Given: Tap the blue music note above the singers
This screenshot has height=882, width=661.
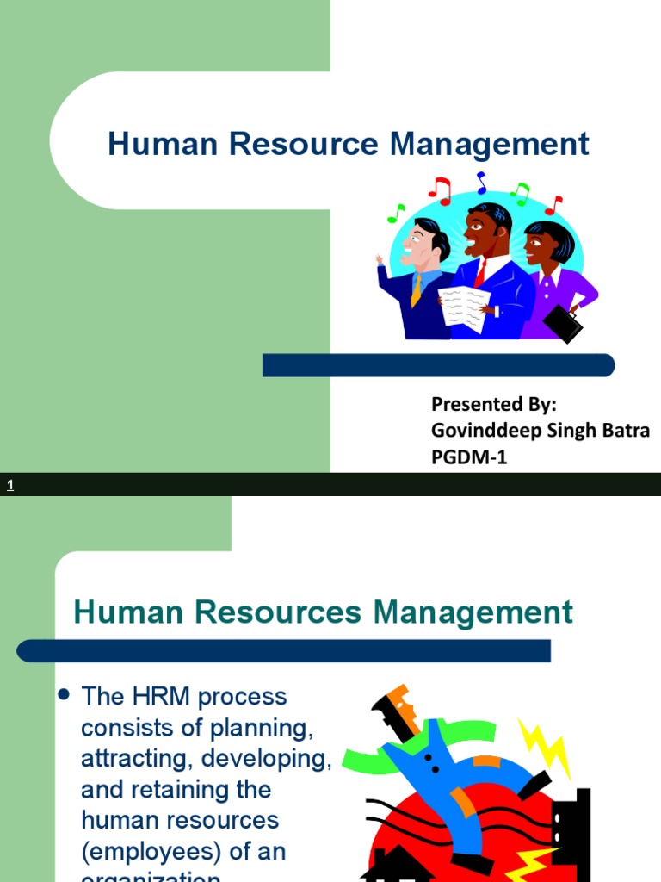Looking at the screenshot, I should pos(481,183).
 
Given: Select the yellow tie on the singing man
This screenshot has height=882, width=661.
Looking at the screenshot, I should pos(417,289).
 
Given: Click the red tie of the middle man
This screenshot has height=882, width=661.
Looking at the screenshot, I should pos(480,273).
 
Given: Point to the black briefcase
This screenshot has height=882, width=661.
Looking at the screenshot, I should pos(563,323).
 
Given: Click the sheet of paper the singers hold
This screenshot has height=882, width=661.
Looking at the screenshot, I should pos(464,307).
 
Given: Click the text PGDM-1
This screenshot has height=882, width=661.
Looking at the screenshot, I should pos(469,457).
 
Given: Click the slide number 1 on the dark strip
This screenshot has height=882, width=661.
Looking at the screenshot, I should pos(10,486).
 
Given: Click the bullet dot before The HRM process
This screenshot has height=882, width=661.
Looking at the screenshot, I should pos(63,695).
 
